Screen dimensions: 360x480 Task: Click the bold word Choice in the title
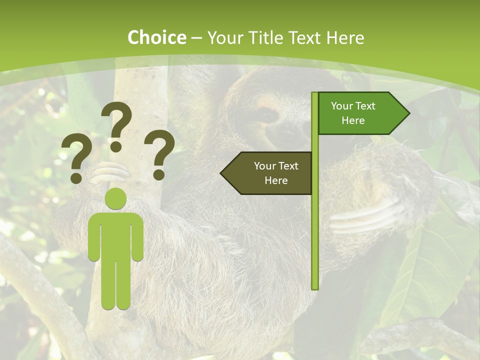156,37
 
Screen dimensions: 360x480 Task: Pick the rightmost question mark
159,153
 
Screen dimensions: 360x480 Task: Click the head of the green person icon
116,198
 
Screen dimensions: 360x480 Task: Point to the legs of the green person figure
116,285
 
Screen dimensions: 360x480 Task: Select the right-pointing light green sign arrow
360,113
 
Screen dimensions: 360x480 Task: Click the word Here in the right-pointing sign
353,120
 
